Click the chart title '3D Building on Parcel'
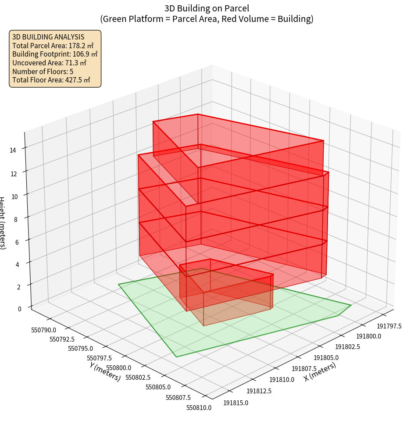coord(207,8)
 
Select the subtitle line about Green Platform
coord(207,19)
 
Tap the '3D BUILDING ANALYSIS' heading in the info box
coord(48,37)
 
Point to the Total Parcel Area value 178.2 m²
coord(81,46)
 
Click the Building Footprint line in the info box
coord(55,54)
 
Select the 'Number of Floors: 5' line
coord(43,71)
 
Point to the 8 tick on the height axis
coord(16,218)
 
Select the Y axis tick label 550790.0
coord(43,330)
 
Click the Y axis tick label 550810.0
coord(199,408)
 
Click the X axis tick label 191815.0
coord(236,403)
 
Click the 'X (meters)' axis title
coord(320,372)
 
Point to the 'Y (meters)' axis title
coord(104,371)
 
